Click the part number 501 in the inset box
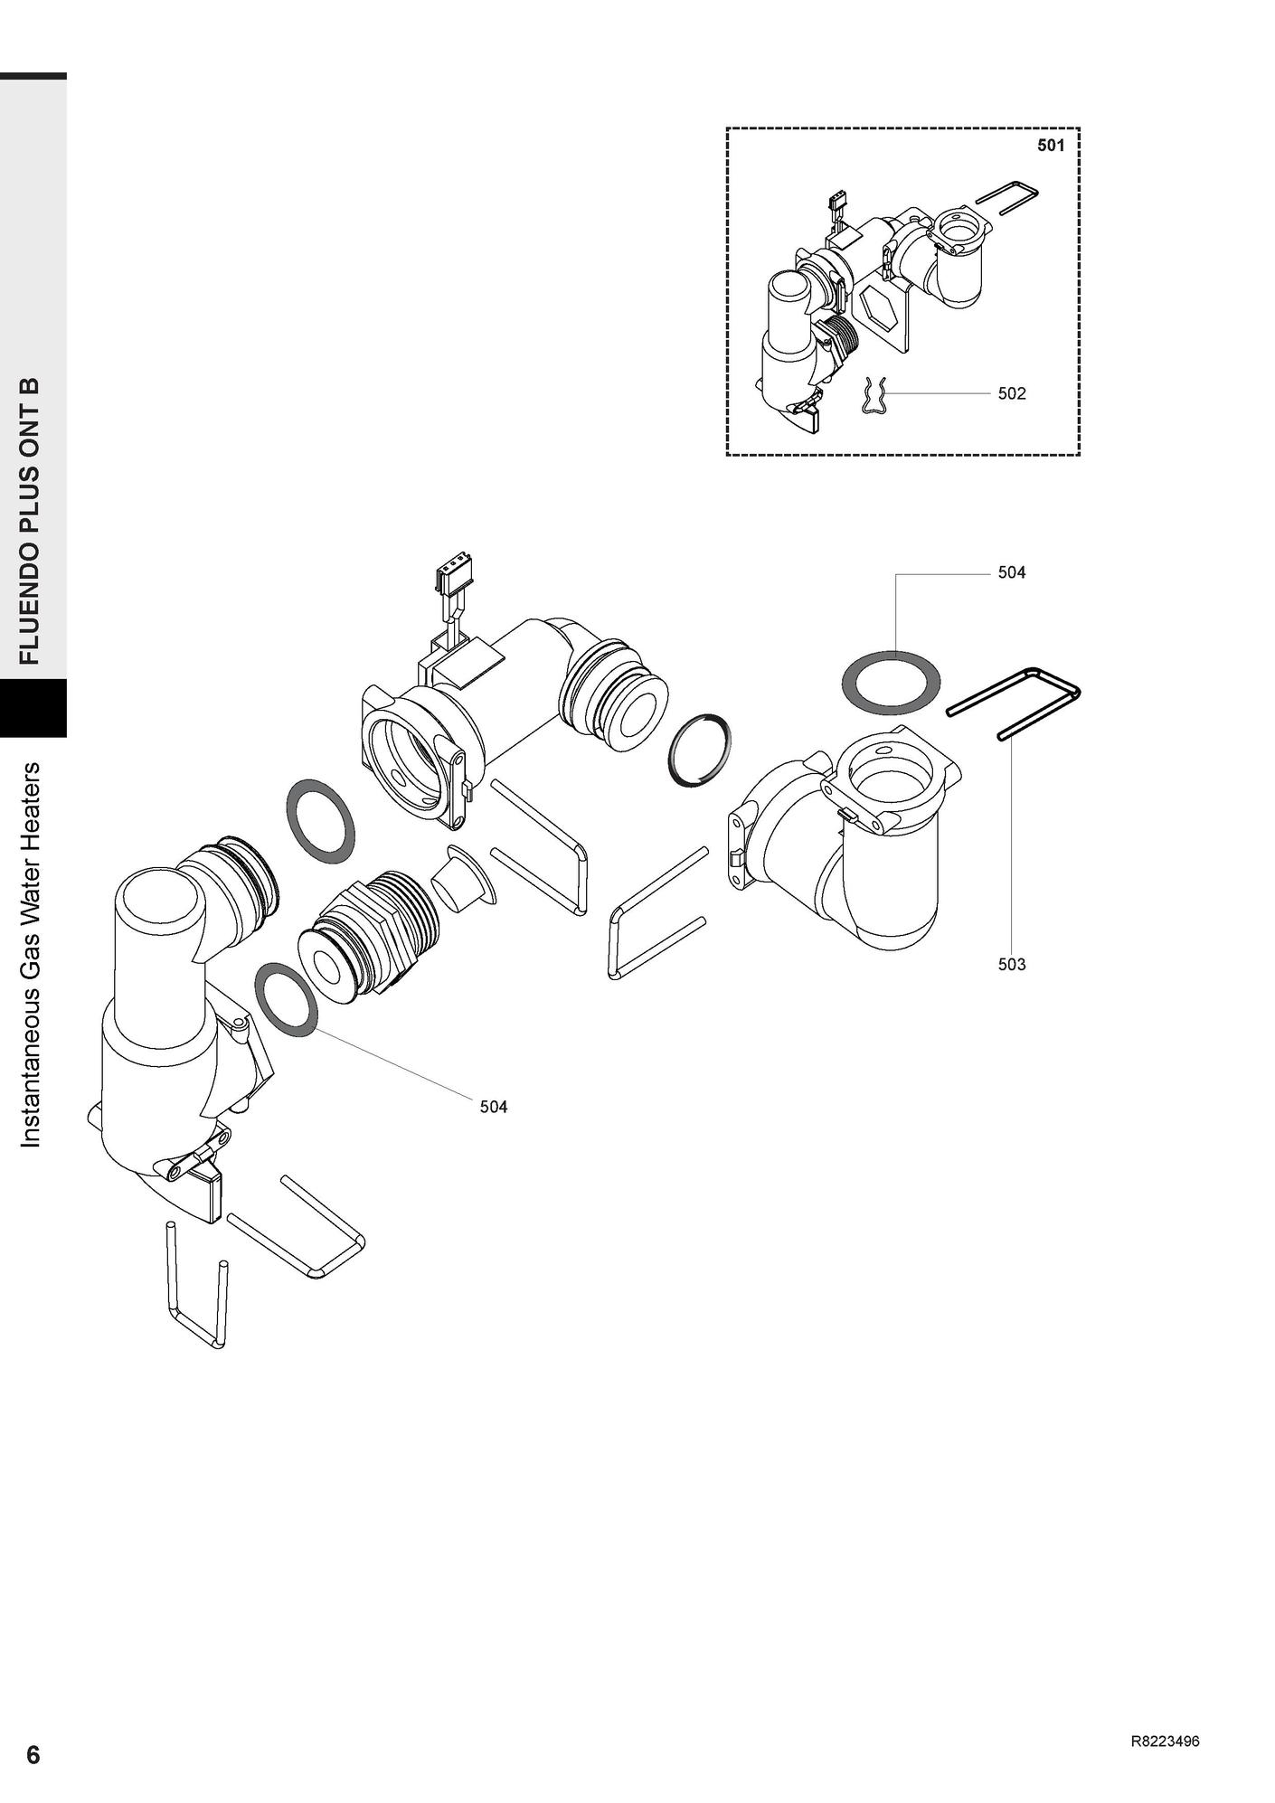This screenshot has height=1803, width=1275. coord(1051,145)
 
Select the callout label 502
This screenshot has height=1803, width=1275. coord(1012,393)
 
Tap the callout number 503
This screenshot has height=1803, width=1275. coord(1012,964)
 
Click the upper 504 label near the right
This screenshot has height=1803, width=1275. coord(1012,572)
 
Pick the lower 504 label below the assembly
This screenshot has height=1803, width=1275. coord(494,1107)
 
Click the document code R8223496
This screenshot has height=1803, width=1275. coord(1165,1742)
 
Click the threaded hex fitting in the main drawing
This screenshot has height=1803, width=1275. coord(370,934)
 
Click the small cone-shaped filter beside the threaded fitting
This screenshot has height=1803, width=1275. coord(464,875)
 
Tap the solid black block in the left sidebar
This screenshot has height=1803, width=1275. coord(33,708)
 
